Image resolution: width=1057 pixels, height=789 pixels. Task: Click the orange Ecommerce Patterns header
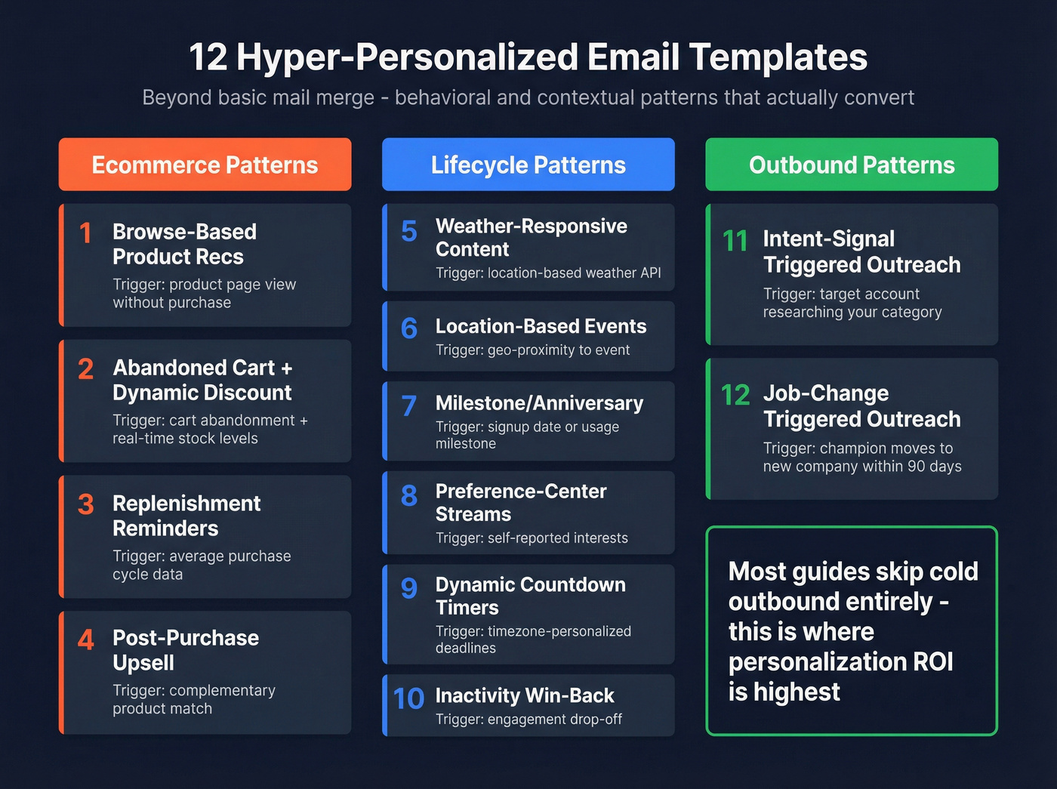point(205,165)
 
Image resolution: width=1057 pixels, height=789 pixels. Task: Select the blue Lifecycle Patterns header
point(528,165)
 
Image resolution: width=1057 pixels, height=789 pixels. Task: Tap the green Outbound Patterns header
point(852,165)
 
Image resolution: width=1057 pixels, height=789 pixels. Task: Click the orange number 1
point(85,233)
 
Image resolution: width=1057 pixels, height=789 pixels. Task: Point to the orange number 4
point(86,640)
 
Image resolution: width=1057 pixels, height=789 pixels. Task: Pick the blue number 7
point(408,406)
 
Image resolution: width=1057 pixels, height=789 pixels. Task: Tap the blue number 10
point(408,698)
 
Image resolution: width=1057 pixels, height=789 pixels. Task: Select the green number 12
point(735,395)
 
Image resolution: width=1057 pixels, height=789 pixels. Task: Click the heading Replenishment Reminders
point(186,516)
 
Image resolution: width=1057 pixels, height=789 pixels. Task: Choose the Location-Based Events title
point(541,326)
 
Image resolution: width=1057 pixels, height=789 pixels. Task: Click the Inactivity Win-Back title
point(525,695)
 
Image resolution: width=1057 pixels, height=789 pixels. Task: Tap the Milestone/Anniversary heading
point(539,403)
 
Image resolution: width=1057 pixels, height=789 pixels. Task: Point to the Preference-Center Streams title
point(521,502)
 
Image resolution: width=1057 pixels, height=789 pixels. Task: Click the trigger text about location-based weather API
point(548,273)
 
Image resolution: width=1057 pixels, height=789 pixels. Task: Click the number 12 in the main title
point(208,57)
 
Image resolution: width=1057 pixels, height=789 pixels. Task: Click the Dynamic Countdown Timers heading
point(530,596)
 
